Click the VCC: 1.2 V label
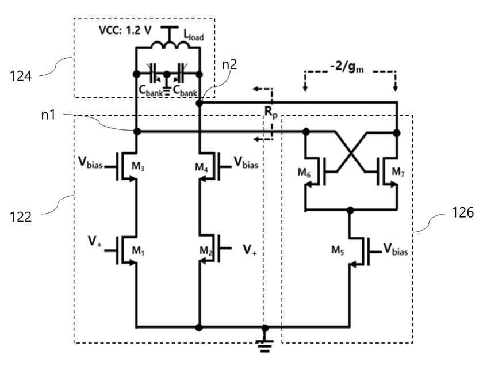125,30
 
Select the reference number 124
20,76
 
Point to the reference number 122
20,217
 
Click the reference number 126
462,212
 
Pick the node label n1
48,115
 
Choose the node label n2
229,64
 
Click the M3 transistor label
138,166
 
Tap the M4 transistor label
201,167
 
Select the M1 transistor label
138,251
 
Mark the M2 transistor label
206,251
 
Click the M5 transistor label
338,250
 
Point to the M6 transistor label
304,173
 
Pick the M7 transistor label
398,172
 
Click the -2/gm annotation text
347,67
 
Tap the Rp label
271,112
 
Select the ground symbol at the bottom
264,346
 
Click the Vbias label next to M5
396,249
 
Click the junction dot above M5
350,210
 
